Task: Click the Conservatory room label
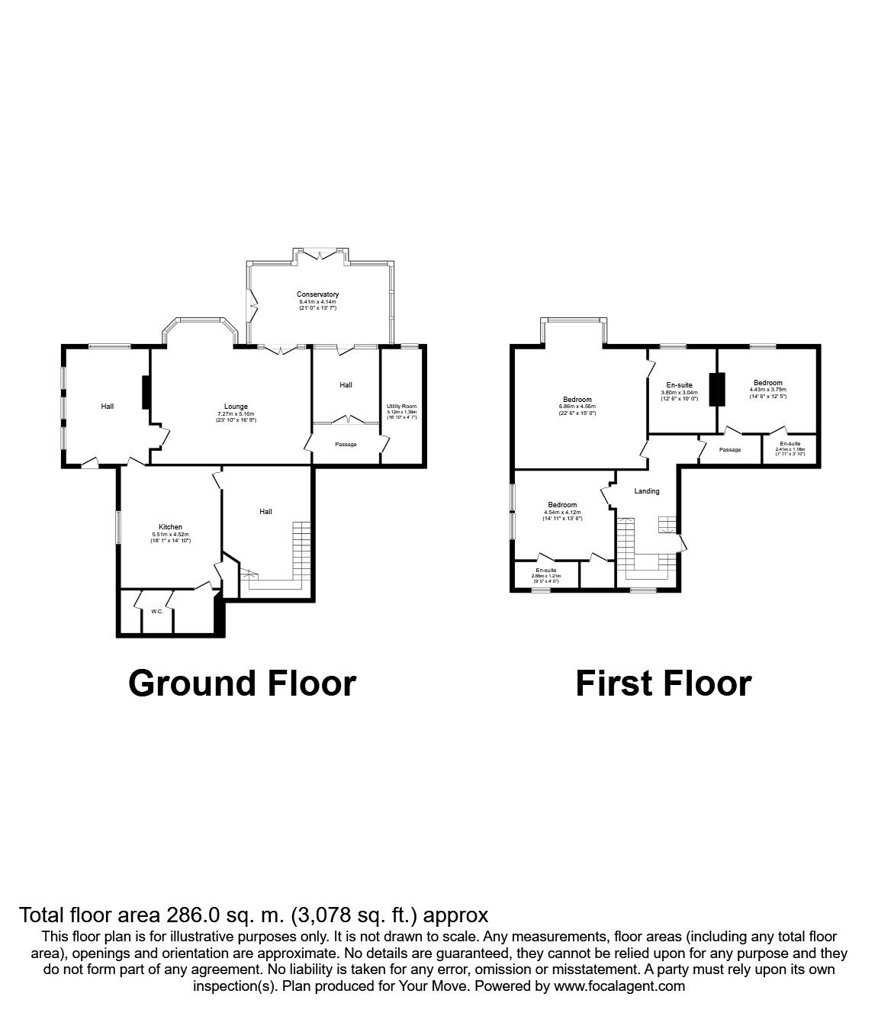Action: [x=319, y=294]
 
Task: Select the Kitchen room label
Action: [x=170, y=527]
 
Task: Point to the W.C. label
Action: [x=157, y=611]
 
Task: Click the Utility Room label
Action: [x=401, y=407]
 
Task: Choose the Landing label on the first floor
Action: [x=647, y=491]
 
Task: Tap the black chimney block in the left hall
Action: [x=144, y=392]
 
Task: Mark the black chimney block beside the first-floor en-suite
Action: [x=716, y=389]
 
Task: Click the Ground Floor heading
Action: [x=242, y=683]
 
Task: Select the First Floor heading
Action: [x=663, y=683]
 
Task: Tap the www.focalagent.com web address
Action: [x=619, y=986]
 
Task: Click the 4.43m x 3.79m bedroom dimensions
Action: [x=767, y=390]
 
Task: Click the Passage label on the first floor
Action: [x=730, y=450]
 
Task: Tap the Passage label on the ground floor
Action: [x=346, y=445]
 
